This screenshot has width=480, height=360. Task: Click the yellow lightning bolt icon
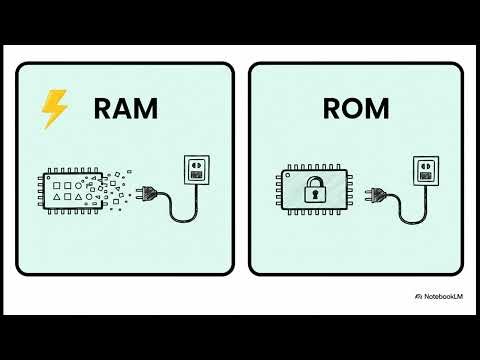coord(54,109)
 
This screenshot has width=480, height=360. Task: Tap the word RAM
coord(125,109)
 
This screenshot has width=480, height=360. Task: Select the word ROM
coord(356,109)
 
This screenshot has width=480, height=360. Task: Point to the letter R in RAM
coord(104,109)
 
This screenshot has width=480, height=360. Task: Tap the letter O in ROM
coord(355,109)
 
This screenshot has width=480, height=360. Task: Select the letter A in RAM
coord(124,109)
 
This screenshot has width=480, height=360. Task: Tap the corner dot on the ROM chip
coord(288,174)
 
